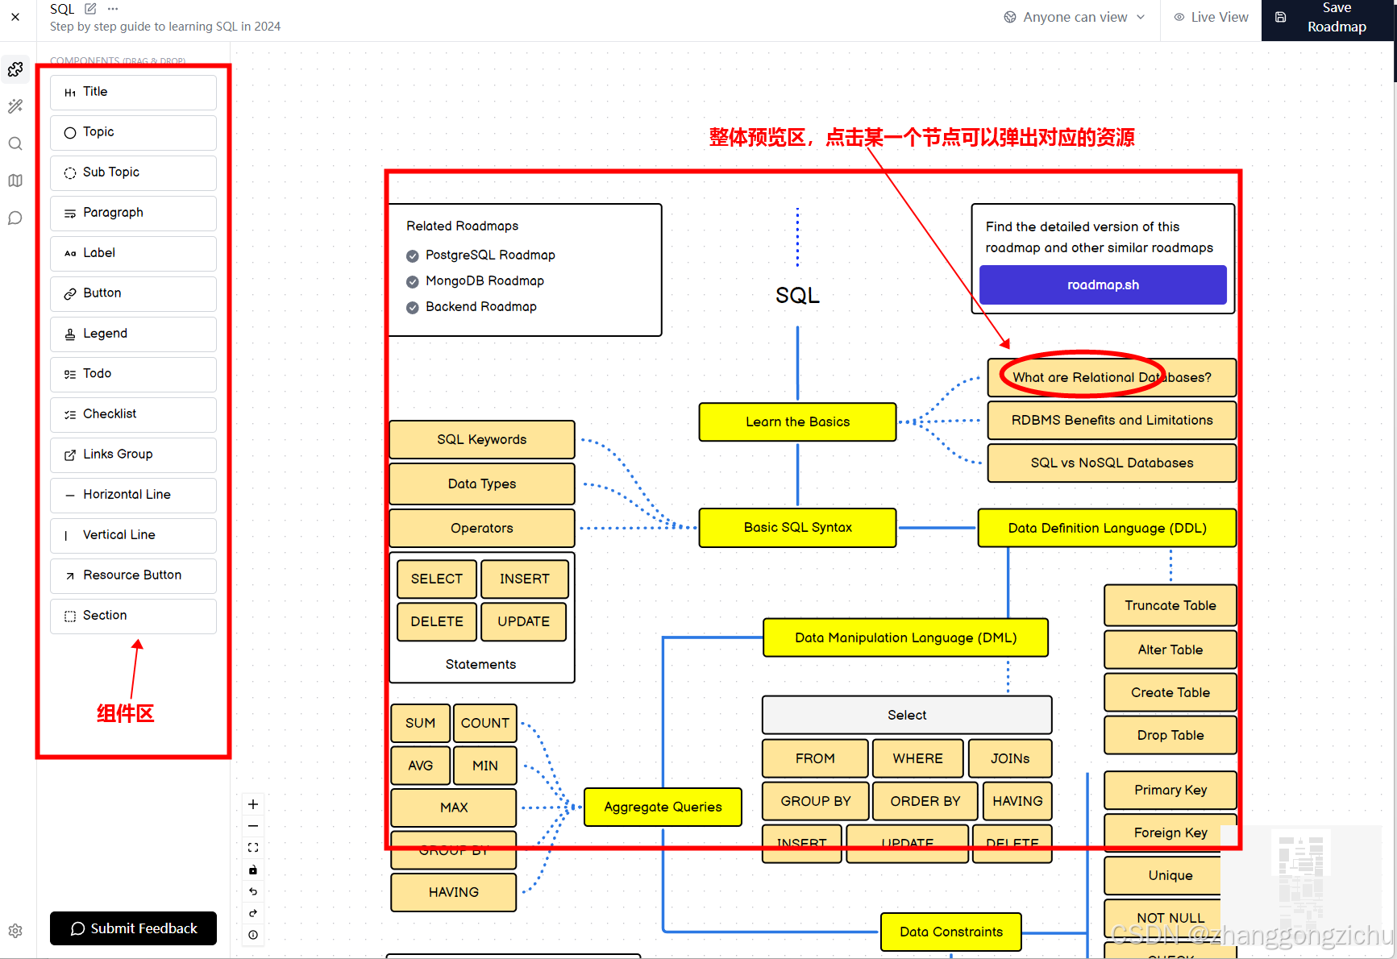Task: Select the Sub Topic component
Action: click(133, 172)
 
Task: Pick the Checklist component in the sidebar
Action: click(133, 414)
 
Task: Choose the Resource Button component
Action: click(133, 575)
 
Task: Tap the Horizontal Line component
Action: click(133, 495)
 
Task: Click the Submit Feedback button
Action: click(133, 928)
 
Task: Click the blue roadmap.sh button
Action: click(1102, 285)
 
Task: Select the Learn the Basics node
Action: click(797, 422)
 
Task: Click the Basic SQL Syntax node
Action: click(797, 528)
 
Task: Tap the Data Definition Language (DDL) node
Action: click(1106, 529)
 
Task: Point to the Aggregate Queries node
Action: click(662, 807)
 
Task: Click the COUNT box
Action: click(484, 724)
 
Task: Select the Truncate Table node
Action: click(1170, 606)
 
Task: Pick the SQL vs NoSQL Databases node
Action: click(1111, 463)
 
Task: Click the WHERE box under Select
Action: click(917, 759)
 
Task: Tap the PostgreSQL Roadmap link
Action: click(490, 255)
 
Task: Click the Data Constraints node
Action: click(950, 932)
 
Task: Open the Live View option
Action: click(1211, 18)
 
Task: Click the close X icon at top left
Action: click(15, 17)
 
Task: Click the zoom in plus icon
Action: click(253, 804)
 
